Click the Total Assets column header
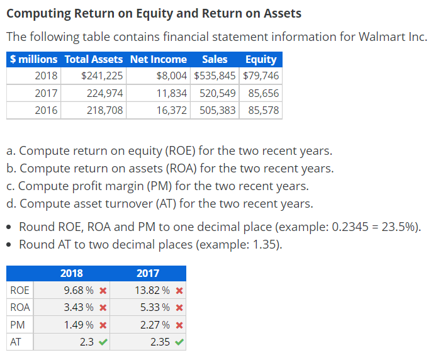pyautogui.click(x=94, y=59)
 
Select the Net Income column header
pyautogui.click(x=158, y=59)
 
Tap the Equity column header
pyautogui.click(x=261, y=59)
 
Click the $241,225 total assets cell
pyautogui.click(x=102, y=76)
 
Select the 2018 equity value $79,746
pyautogui.click(x=261, y=76)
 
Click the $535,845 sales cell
pyautogui.click(x=215, y=76)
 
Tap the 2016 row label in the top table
pyautogui.click(x=46, y=110)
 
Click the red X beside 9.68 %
pyautogui.click(x=103, y=291)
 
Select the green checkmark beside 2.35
pyautogui.click(x=179, y=342)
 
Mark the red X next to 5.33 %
pyautogui.click(x=179, y=308)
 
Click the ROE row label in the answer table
pyautogui.click(x=19, y=291)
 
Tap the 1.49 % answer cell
pyautogui.click(x=79, y=325)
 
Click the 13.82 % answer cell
pyautogui.click(x=152, y=291)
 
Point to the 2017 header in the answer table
pyautogui.click(x=148, y=273)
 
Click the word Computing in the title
pyautogui.click(x=37, y=13)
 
